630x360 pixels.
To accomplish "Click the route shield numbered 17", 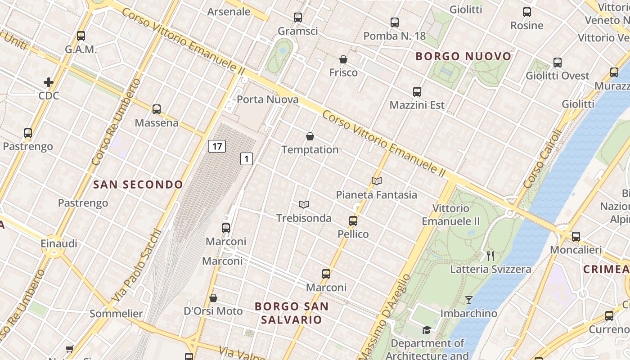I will (217, 146).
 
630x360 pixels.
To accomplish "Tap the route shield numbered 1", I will (246, 158).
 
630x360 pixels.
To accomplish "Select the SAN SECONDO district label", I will (138, 184).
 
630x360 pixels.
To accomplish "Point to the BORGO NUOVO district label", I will (463, 56).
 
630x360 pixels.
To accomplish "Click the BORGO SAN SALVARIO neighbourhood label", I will (292, 313).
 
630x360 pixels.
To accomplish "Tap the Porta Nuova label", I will (268, 99).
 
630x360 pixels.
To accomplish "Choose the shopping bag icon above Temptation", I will (310, 136).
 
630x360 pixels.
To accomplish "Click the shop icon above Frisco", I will (343, 59).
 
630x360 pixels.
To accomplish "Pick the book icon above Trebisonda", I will (304, 205).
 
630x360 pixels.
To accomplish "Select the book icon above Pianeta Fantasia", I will (377, 181).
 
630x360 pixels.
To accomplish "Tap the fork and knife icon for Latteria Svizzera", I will (490, 256).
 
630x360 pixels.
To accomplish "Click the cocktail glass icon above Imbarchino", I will (469, 300).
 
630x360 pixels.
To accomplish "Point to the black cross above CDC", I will (49, 82).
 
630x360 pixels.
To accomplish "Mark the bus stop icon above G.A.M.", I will (81, 36).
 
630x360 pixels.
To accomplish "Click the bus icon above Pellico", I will (353, 221).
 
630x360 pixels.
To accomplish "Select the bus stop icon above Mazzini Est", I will (417, 92).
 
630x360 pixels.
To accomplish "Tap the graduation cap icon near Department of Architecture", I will (427, 330).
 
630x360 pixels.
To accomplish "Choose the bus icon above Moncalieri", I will (576, 237).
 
